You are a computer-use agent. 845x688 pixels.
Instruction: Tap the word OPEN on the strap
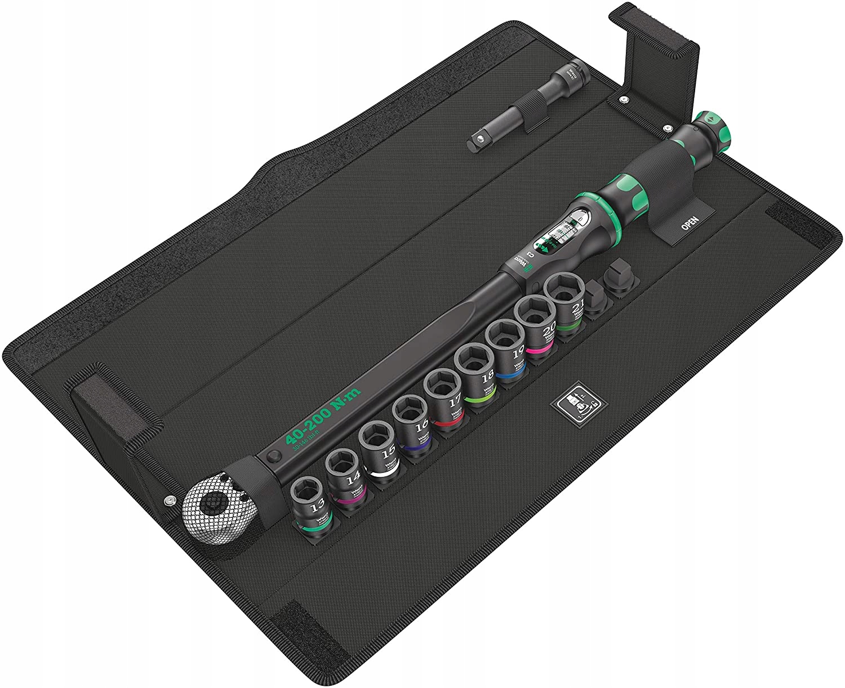click(x=690, y=224)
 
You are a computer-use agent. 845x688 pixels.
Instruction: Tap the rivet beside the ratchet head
click(x=168, y=500)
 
